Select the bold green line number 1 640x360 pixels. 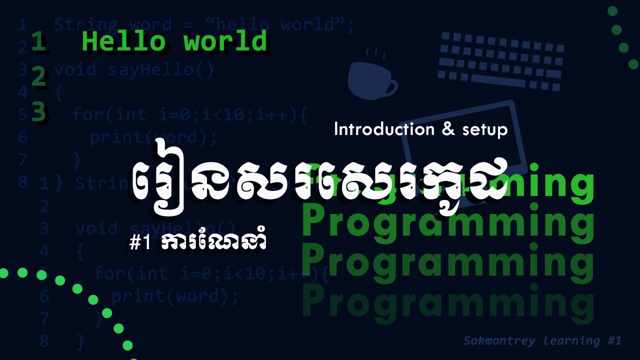(x=39, y=42)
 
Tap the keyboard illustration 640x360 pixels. (x=500, y=60)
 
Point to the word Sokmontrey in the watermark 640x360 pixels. (x=495, y=341)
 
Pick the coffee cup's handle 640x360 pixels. (x=391, y=88)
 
